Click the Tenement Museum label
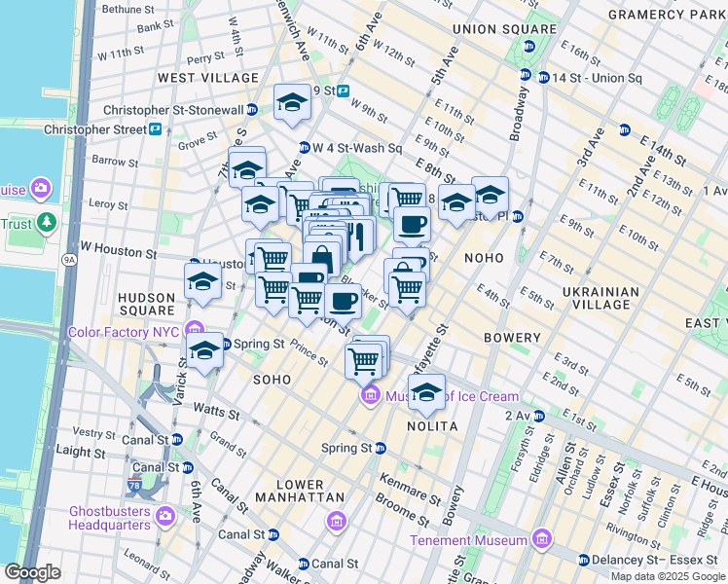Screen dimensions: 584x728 point(468,540)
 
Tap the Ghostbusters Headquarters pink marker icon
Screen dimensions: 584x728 point(164,514)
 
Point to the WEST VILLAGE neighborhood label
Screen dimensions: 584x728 point(208,78)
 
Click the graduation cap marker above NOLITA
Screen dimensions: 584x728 point(425,391)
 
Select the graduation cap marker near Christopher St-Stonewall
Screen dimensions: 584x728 point(291,103)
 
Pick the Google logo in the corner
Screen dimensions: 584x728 point(32,571)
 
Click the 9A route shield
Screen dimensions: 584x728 point(68,260)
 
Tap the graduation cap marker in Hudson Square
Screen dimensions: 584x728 point(201,282)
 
